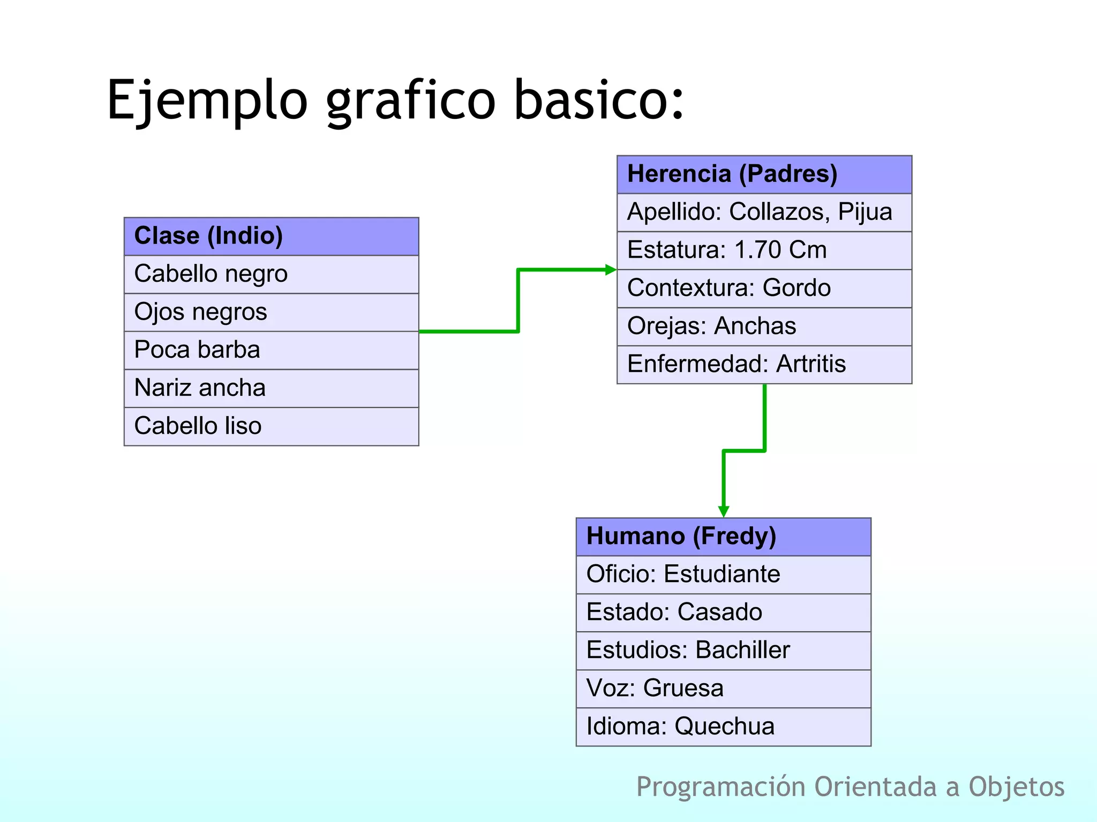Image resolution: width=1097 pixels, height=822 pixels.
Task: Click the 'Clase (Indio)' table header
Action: [271, 236]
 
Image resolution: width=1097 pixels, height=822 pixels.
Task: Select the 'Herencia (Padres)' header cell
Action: [764, 175]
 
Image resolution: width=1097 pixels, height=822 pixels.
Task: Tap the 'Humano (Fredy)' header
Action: [723, 537]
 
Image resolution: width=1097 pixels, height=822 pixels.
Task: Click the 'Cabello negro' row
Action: [271, 274]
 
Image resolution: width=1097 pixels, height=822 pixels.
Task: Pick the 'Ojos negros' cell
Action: [271, 312]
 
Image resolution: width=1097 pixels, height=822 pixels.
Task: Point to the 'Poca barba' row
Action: [271, 350]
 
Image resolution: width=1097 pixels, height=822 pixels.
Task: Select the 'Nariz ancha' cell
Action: [271, 388]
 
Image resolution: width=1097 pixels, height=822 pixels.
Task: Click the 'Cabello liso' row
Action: [271, 426]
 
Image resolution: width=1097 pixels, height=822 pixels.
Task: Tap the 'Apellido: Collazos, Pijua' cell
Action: [764, 212]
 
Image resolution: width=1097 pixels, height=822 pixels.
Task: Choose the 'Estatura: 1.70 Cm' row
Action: [764, 250]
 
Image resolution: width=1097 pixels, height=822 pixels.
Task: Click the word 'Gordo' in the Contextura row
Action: [797, 288]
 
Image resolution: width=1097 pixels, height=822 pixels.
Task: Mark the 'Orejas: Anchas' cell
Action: [764, 326]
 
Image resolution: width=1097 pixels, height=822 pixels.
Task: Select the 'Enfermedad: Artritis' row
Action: [764, 364]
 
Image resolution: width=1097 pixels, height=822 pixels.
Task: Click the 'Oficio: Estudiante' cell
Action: [723, 575]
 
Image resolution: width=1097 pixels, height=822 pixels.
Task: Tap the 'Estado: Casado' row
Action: [723, 613]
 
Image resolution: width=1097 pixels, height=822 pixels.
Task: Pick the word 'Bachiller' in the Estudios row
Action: [742, 651]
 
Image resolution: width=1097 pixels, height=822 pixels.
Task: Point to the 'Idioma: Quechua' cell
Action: [723, 727]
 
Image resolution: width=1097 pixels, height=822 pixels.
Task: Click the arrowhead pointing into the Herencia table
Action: [611, 270]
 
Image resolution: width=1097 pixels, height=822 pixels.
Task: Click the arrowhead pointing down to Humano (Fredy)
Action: [724, 511]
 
